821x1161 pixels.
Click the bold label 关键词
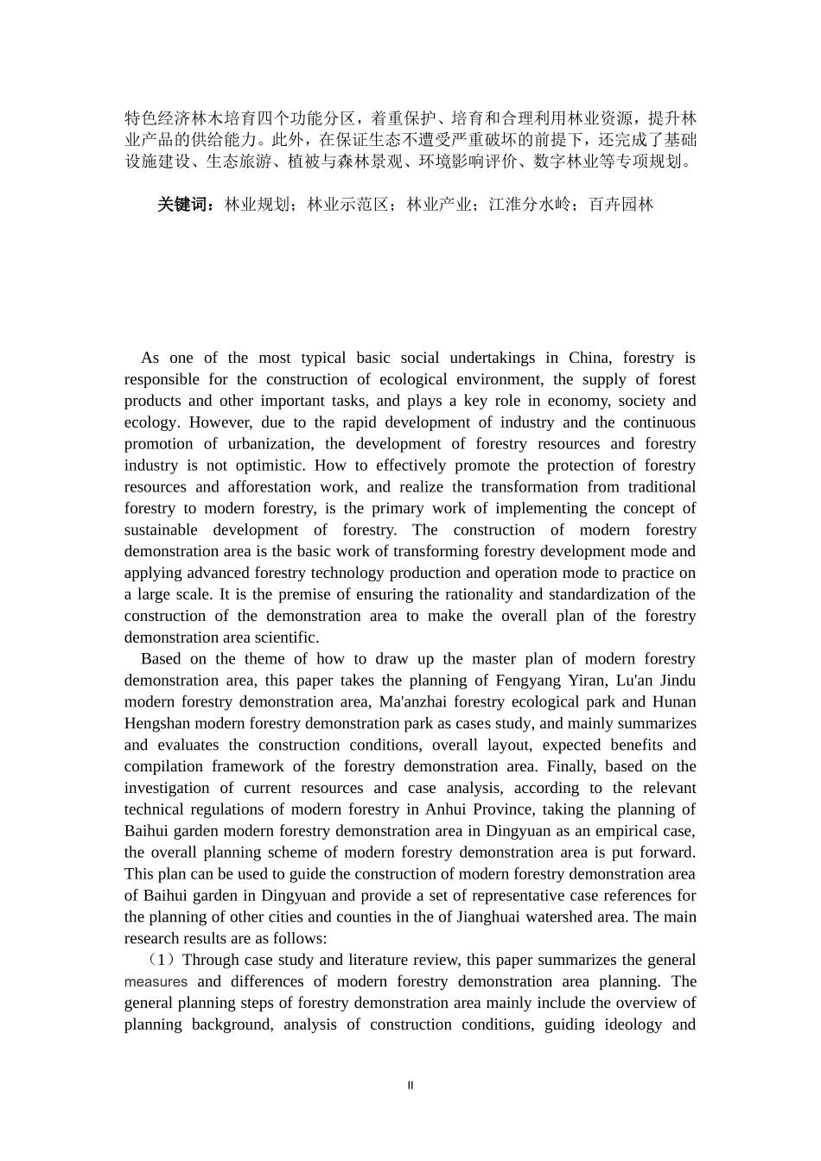185,205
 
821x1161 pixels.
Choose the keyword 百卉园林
621,205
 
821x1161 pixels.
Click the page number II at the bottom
410,1086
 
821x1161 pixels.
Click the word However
220,422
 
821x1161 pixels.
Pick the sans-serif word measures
156,982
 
